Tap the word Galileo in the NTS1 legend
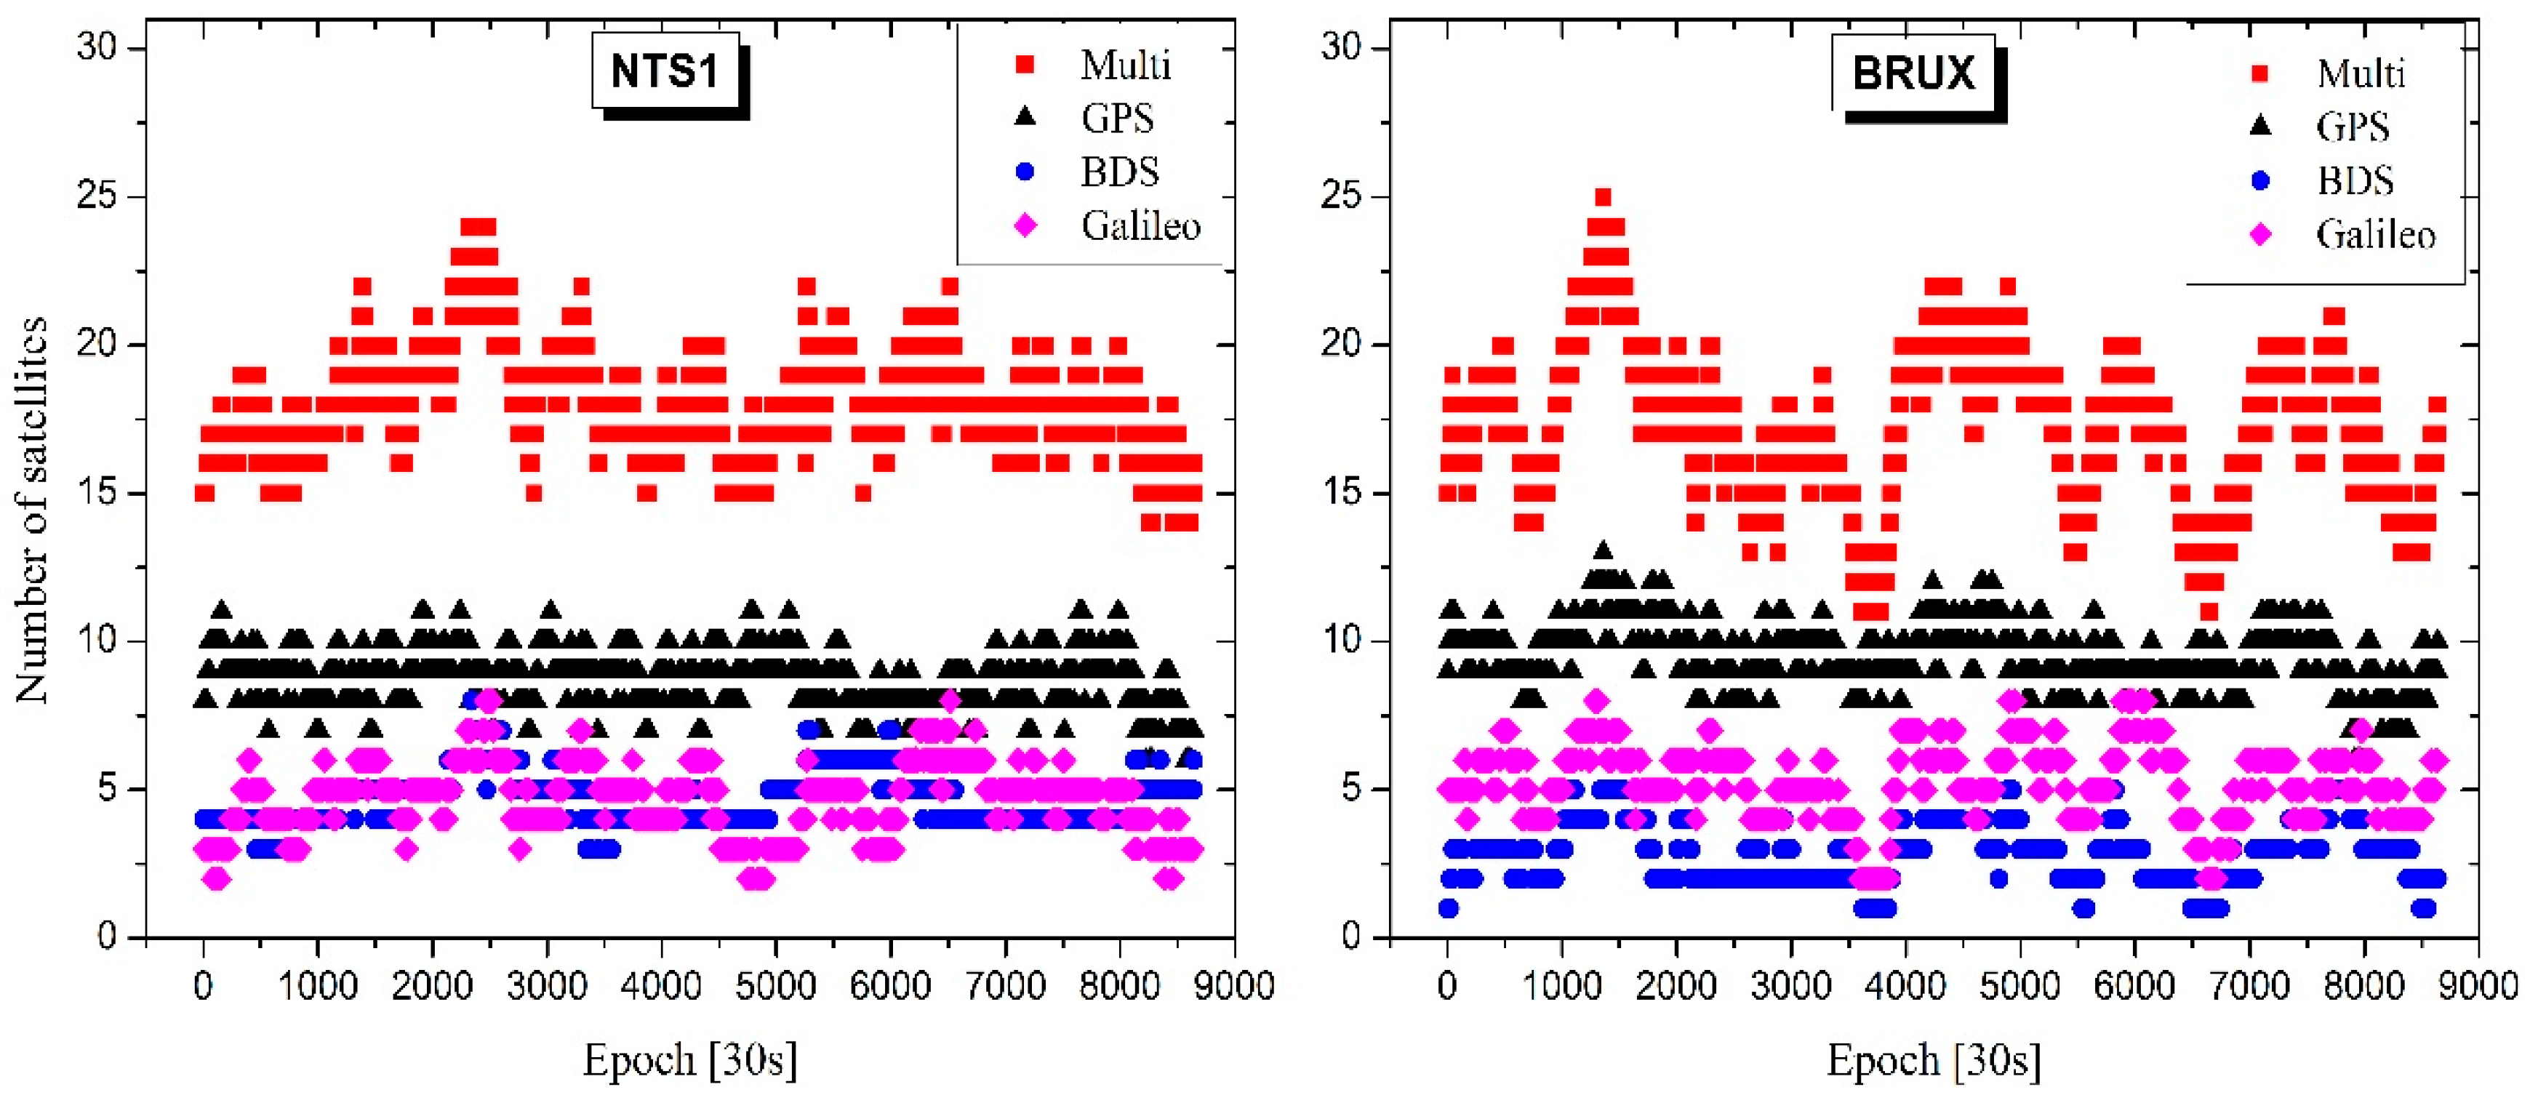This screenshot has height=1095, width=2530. tap(1140, 226)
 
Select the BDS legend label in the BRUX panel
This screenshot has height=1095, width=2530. tap(2355, 181)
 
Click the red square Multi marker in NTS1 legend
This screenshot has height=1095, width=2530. tap(1025, 65)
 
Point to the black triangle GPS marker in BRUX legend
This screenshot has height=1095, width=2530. tap(2261, 126)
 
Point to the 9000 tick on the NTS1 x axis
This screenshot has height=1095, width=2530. tap(1233, 986)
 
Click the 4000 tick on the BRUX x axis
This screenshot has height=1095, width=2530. tap(1905, 986)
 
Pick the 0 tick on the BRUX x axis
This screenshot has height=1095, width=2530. tap(1446, 986)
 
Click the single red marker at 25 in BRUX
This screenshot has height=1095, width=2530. tap(1603, 197)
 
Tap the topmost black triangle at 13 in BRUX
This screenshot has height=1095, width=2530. tap(1603, 550)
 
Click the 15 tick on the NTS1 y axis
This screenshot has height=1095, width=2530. tap(97, 492)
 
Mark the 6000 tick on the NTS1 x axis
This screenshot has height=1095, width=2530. tap(890, 986)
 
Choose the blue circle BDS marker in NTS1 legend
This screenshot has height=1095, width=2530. tap(1025, 172)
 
